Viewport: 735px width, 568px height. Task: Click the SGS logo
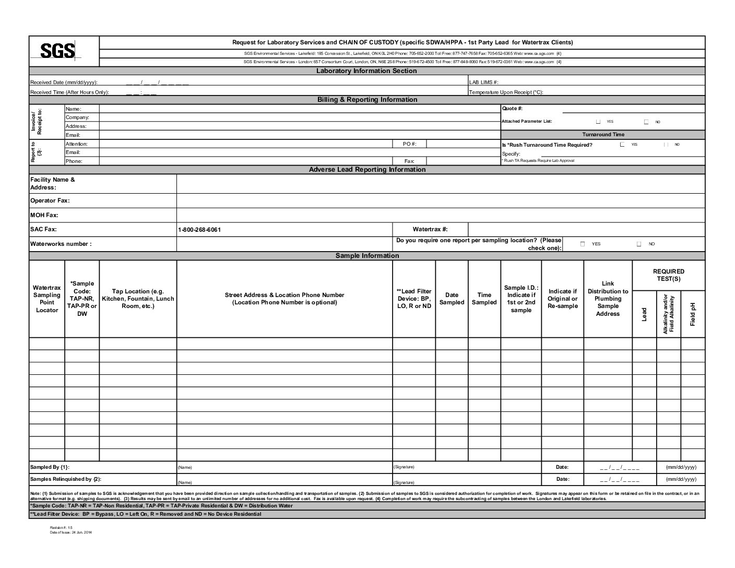[58, 51]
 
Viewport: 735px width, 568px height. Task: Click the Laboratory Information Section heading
[366, 71]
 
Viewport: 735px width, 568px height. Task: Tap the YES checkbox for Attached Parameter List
[598, 122]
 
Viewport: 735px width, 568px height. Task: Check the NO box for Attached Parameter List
[646, 122]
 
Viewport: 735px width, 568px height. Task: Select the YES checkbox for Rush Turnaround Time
[622, 145]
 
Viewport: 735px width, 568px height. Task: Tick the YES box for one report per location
[583, 244]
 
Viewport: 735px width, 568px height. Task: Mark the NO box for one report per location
[639, 244]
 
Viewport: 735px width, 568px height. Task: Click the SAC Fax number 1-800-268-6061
[199, 230]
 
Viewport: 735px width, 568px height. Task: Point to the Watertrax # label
[430, 229]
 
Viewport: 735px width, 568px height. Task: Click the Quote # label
[512, 109]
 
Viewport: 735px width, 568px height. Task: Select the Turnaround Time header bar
[603, 135]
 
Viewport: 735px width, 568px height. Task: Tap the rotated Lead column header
[644, 314]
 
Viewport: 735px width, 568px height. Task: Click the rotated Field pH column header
[693, 314]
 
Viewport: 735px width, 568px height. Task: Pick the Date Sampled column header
[452, 299]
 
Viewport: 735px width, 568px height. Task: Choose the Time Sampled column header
[484, 299]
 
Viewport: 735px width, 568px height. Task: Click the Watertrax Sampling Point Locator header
[47, 299]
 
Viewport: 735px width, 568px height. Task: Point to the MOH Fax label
[44, 215]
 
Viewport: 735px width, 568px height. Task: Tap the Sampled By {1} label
[50, 467]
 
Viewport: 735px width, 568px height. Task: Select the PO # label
[410, 144]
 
